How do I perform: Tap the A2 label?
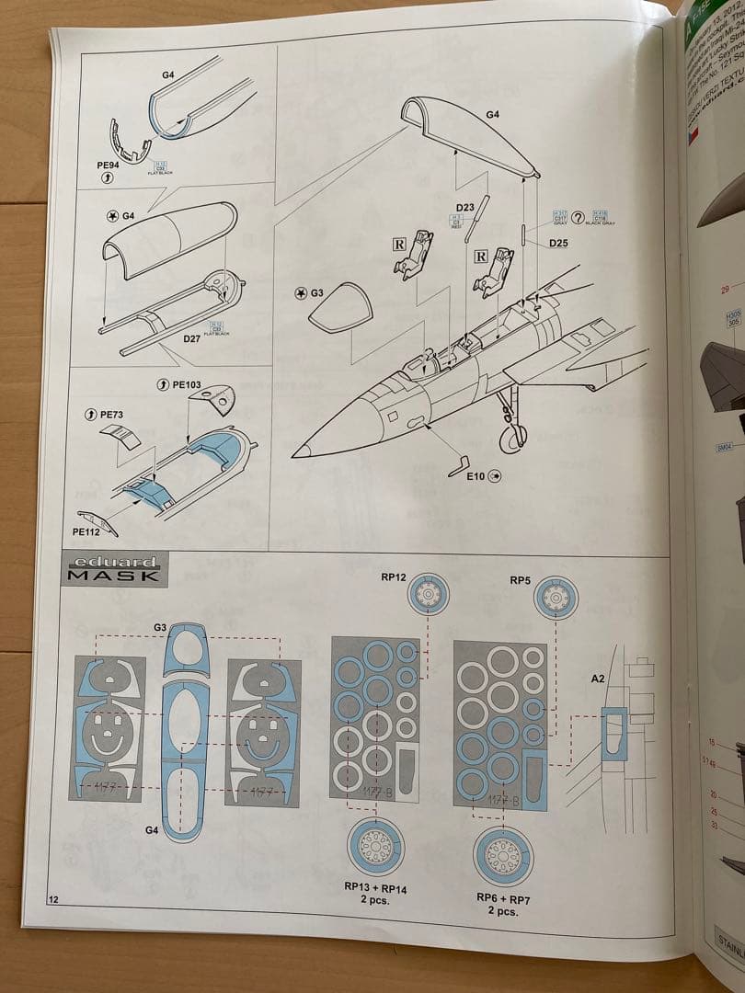(598, 679)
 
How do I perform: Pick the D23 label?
(464, 207)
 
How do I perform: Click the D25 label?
(558, 243)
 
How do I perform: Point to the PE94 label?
(108, 166)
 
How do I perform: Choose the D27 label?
(192, 339)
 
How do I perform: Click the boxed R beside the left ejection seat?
(398, 245)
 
